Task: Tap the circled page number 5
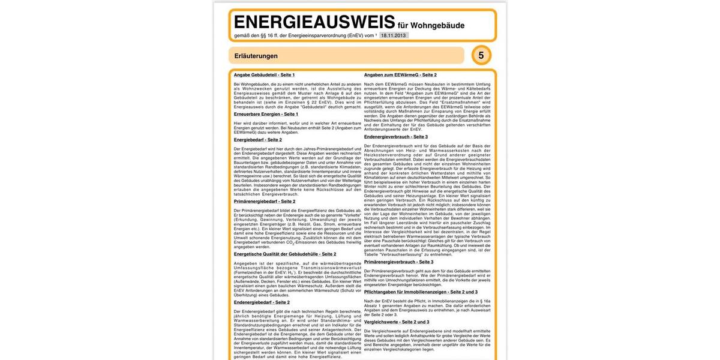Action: click(x=481, y=55)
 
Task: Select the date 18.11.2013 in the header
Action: click(x=394, y=36)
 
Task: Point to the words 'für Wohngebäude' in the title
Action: click(x=431, y=26)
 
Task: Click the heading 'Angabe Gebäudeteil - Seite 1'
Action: click(x=264, y=75)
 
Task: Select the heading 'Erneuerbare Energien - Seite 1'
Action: click(x=266, y=114)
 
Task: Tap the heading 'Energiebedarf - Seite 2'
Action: click(x=258, y=140)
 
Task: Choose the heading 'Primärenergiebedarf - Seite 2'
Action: click(x=265, y=202)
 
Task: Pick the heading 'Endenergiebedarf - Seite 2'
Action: click(x=262, y=302)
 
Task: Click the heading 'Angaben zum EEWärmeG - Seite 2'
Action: click(x=400, y=75)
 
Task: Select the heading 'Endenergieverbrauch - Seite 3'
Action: click(x=396, y=137)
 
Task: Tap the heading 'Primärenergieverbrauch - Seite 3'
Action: click(x=398, y=262)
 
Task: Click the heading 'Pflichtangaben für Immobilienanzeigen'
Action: click(x=421, y=292)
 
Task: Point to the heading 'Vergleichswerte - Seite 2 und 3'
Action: click(x=397, y=322)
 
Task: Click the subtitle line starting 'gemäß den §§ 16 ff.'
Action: click(x=305, y=36)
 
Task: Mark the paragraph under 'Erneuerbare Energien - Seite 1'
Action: click(x=297, y=127)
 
